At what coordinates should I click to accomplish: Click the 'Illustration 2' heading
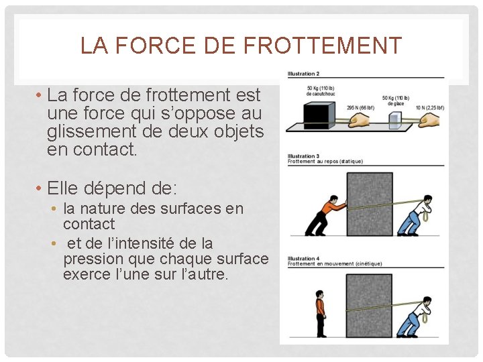click(303, 73)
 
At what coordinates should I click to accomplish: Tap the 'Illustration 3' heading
click(303, 156)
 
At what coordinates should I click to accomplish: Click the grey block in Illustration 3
click(369, 204)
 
